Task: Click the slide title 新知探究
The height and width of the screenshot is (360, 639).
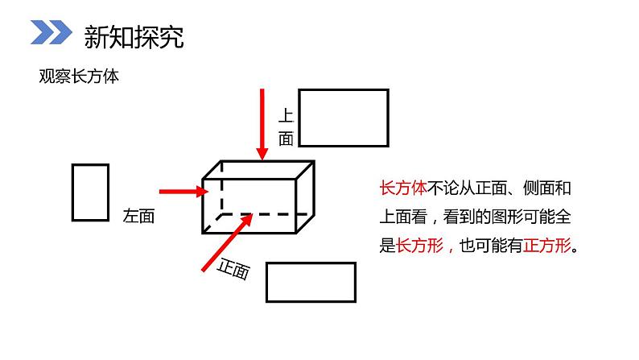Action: coord(133,36)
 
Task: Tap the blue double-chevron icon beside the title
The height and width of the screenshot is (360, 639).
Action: coord(50,34)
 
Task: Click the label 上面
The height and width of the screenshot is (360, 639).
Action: coord(286,126)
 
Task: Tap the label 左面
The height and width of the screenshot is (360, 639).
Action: coord(138,216)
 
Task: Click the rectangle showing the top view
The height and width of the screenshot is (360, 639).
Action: coord(344,118)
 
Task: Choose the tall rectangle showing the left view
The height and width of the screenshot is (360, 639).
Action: coord(90,192)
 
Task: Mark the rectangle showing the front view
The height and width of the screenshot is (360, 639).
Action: coord(311,281)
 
